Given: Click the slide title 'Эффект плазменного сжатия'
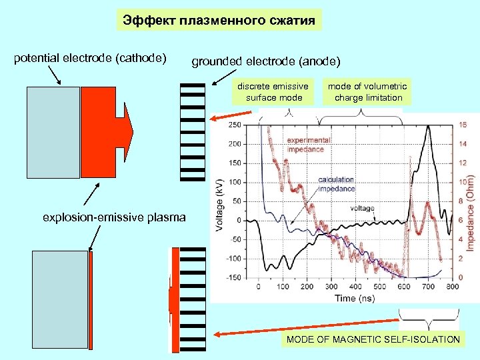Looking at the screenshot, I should coord(219,20).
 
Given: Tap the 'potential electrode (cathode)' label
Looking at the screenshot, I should coord(90,58).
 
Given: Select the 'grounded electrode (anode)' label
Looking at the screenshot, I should coord(266,62).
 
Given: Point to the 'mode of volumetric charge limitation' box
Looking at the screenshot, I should coord(367,92).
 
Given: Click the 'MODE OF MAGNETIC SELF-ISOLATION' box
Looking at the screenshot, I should coord(373,339).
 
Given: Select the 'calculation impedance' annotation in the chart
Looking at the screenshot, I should coord(336,185).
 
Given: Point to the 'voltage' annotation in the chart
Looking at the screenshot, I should coord(362,208).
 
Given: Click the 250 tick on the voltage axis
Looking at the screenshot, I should coord(235,125).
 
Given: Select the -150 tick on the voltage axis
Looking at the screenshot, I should coord(233,277).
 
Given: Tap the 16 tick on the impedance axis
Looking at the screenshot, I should coord(463,125).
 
